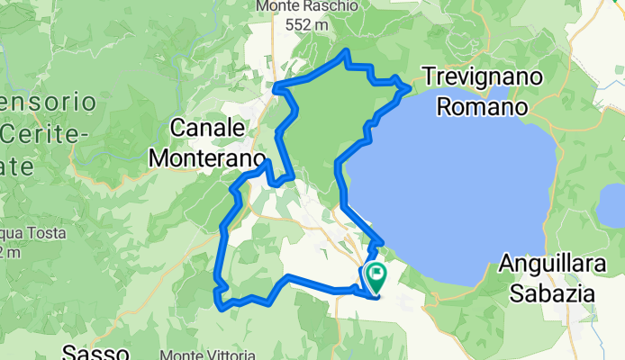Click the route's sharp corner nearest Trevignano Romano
(x=412, y=87)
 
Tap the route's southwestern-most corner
(x=221, y=305)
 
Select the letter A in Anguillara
(x=507, y=265)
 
